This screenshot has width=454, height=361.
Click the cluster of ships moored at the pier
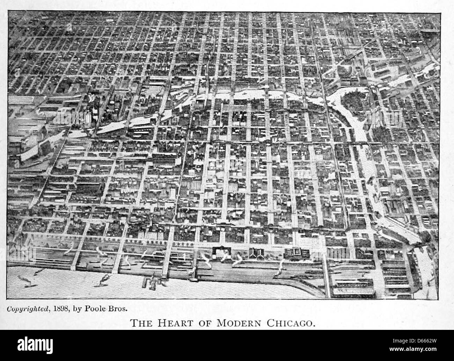[151, 282]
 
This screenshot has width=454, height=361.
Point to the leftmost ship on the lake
[27, 280]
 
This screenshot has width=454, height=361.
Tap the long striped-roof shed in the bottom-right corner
[353, 290]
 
